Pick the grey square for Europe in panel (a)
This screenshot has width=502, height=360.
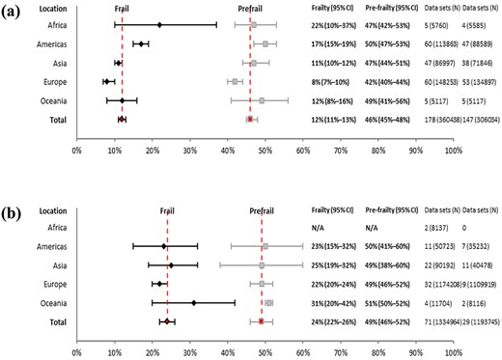(x=236, y=83)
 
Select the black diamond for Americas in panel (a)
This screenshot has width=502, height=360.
(x=141, y=43)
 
